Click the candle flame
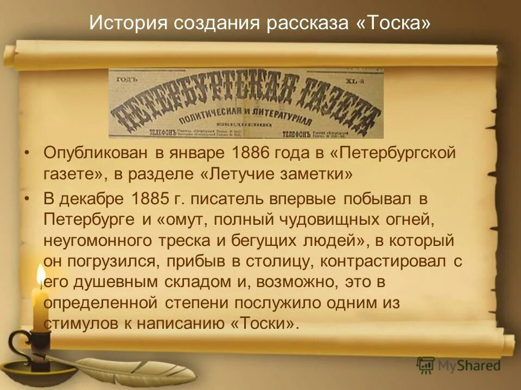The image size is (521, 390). click(41, 276)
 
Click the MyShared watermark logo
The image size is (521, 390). click(459, 366)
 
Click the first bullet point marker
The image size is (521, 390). click(27, 154)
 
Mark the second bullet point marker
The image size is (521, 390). click(27, 199)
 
